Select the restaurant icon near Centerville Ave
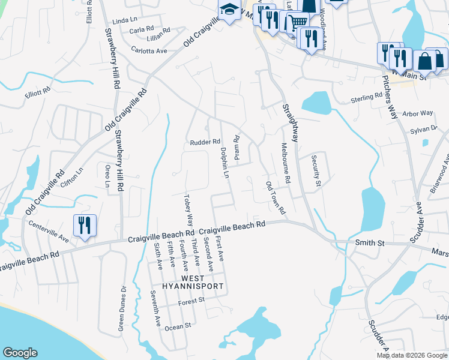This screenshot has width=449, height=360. [x=83, y=226]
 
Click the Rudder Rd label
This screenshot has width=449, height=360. [x=202, y=142]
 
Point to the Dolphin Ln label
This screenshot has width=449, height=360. [x=225, y=163]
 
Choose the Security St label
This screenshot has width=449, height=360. [x=316, y=171]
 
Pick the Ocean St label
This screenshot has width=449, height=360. [x=177, y=326]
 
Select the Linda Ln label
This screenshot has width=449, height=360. [x=125, y=20]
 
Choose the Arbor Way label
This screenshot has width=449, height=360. [x=418, y=113]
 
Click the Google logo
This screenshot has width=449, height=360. [x=20, y=353]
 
